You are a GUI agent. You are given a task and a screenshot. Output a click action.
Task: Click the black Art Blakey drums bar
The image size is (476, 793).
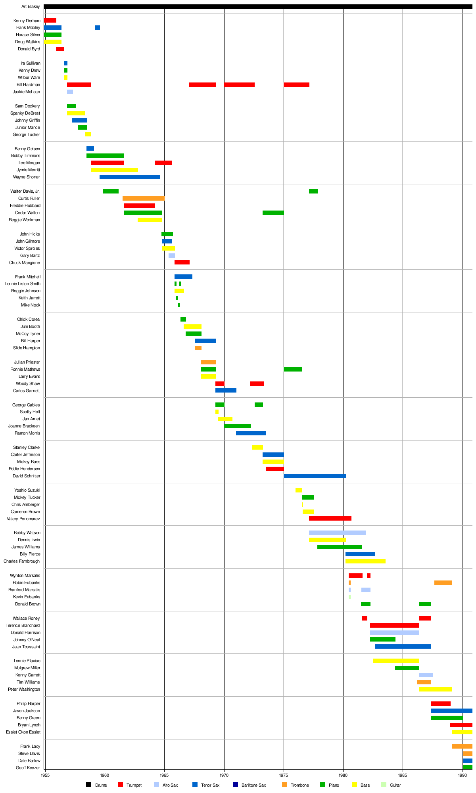pyautogui.click(x=258, y=6)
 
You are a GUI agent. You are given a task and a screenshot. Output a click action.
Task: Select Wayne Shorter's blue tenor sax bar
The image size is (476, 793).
pyautogui.click(x=130, y=177)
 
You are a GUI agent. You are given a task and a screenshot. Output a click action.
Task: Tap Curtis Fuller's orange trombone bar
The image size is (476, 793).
pyautogui.click(x=143, y=199)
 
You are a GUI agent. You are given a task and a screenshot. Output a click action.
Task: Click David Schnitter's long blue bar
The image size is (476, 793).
pyautogui.click(x=315, y=476)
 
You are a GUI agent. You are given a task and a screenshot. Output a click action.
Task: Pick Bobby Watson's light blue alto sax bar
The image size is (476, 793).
pyautogui.click(x=337, y=533)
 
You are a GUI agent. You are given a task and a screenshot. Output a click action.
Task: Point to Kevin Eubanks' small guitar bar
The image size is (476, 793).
pyautogui.click(x=349, y=597)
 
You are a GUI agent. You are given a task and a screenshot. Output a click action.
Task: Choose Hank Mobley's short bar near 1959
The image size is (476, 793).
pyautogui.click(x=97, y=28)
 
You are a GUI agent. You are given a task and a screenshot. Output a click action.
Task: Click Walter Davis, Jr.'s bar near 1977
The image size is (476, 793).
pyautogui.click(x=313, y=192)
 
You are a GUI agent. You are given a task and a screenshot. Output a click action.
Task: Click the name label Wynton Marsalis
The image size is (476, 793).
pyautogui.click(x=25, y=576)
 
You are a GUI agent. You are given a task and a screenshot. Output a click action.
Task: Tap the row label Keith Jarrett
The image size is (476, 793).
pyautogui.click(x=29, y=298)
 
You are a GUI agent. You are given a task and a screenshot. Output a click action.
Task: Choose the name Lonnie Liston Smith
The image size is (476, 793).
pyautogui.click(x=23, y=284)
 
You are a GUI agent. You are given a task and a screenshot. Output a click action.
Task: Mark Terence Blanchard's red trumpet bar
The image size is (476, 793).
pyautogui.click(x=394, y=626)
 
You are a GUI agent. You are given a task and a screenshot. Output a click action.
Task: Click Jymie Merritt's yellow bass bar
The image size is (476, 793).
pyautogui.click(x=114, y=170)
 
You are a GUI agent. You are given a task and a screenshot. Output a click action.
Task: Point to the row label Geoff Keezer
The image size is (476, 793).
pyautogui.click(x=28, y=768)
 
